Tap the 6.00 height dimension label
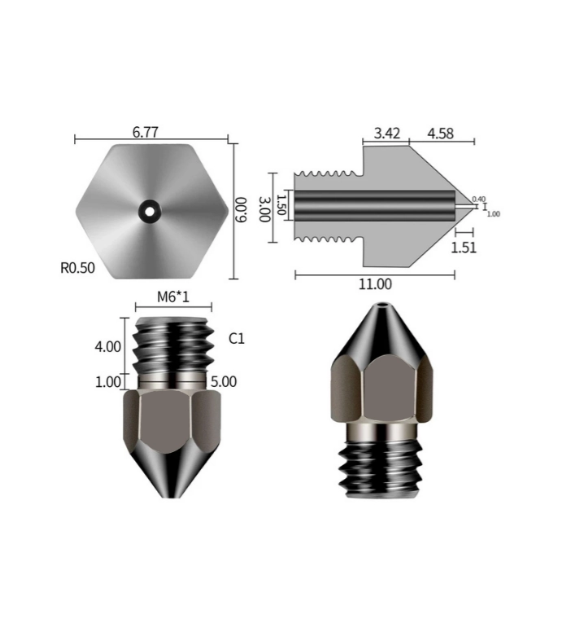tap(241, 210)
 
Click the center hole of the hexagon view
tap(150, 210)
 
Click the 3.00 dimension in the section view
tap(264, 209)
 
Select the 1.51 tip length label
tap(464, 247)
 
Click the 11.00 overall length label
tap(375, 284)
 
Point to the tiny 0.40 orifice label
tap(478, 199)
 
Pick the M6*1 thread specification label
tap(172, 297)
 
